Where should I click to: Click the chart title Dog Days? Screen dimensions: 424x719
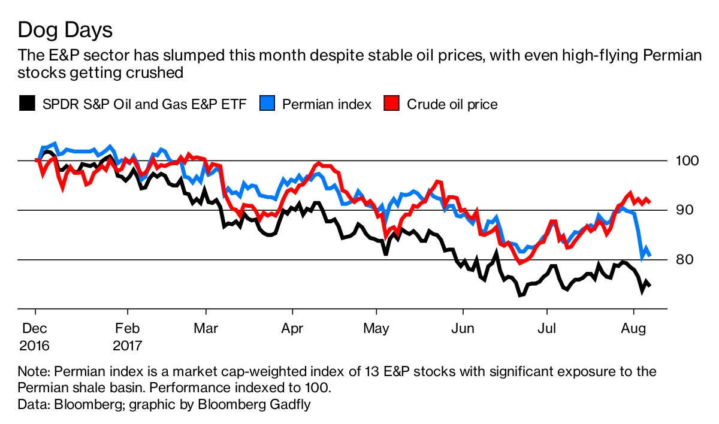click(x=65, y=30)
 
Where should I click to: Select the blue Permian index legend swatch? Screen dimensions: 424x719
click(x=268, y=104)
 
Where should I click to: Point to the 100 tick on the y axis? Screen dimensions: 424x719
click(x=683, y=161)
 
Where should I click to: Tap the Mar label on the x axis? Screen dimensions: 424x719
click(x=206, y=329)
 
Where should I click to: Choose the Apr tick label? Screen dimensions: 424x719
click(x=292, y=329)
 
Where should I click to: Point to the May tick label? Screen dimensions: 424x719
click(x=377, y=329)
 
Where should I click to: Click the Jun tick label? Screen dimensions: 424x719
click(x=463, y=329)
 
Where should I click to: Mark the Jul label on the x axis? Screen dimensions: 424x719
click(x=546, y=329)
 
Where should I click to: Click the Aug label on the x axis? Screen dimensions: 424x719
click(x=635, y=329)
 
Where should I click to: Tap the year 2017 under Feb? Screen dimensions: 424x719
click(x=127, y=346)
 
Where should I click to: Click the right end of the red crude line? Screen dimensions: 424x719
click(x=651, y=201)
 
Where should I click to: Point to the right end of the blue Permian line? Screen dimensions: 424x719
click(x=651, y=256)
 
